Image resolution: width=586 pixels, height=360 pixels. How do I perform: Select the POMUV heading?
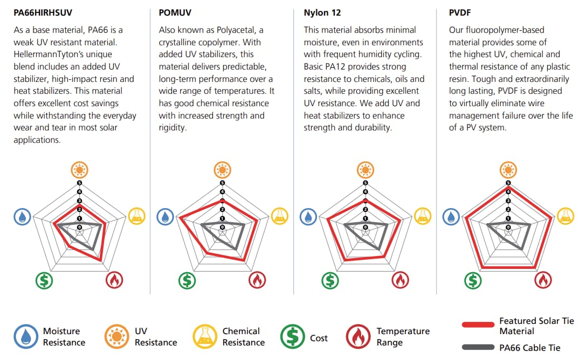coord(175,12)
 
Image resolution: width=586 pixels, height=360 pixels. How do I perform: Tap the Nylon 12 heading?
coord(322,12)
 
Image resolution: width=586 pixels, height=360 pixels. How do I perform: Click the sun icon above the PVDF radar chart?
coord(508,170)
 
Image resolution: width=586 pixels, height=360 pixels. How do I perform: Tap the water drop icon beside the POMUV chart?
coord(165,217)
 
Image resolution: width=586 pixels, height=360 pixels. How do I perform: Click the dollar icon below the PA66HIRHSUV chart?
coord(44,280)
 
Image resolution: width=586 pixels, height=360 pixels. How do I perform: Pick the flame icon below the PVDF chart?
coord(543,280)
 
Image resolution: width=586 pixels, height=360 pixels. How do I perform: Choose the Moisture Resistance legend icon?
coord(26,337)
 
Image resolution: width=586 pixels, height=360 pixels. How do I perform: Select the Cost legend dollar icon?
coord(293,337)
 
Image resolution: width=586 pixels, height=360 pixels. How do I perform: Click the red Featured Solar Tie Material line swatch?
coord(478,325)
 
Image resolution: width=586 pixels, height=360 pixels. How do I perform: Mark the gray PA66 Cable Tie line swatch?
coord(478,347)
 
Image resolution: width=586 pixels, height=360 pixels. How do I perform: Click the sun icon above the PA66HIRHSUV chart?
coord(79,170)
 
